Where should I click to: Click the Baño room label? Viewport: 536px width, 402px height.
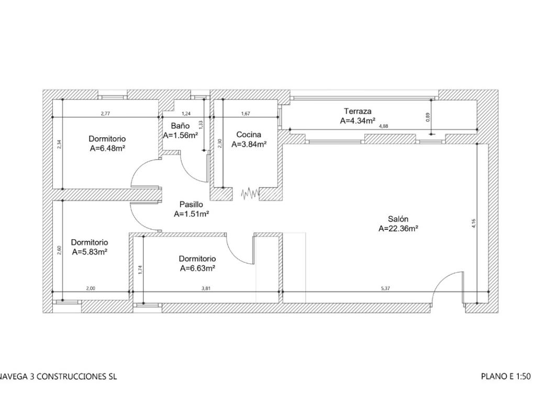tap(180, 126)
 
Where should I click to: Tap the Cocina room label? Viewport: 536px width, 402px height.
tap(249, 135)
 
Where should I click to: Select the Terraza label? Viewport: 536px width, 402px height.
tap(358, 111)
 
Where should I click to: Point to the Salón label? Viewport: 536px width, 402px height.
tap(398, 219)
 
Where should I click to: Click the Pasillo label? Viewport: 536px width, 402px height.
tap(192, 204)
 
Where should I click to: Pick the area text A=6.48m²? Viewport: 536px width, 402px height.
tap(107, 148)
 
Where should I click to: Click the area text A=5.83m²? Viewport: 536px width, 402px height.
tap(90, 252)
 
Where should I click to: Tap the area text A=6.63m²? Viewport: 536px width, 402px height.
tap(197, 268)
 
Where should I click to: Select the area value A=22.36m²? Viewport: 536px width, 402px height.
tap(398, 228)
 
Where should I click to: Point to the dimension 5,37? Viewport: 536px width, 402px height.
tap(385, 288)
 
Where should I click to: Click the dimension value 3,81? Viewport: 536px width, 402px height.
tap(206, 288)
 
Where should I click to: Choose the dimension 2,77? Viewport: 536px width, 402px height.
tap(105, 113)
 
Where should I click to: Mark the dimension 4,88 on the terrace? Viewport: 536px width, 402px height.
tap(383, 126)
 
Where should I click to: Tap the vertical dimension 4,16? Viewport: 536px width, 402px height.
tap(473, 223)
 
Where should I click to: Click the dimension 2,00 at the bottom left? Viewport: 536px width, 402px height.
tap(91, 288)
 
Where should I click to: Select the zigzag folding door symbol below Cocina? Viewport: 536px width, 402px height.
tap(250, 194)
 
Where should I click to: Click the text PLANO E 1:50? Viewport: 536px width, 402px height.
tap(506, 376)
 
